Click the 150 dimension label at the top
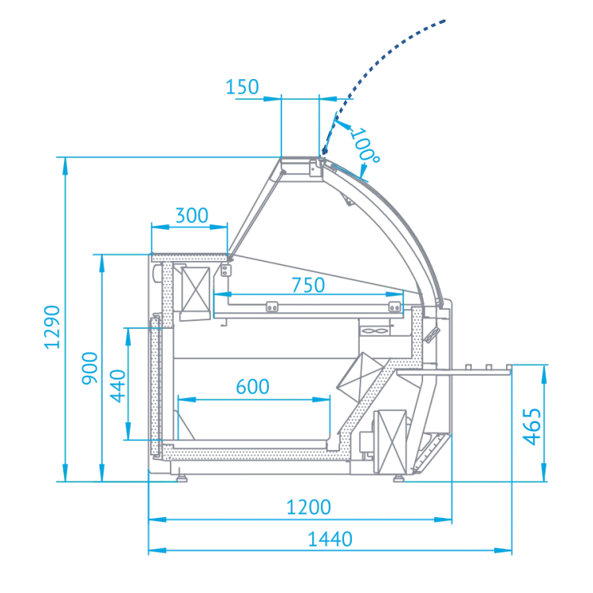point(242,87)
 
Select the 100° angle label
point(364,146)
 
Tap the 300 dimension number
point(192,216)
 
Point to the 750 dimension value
point(308,285)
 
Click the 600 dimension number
point(252,387)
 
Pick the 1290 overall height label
point(52,327)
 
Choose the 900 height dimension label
point(90,368)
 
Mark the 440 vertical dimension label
point(118,386)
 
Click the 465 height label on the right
point(532,427)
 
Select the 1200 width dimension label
point(308,507)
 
